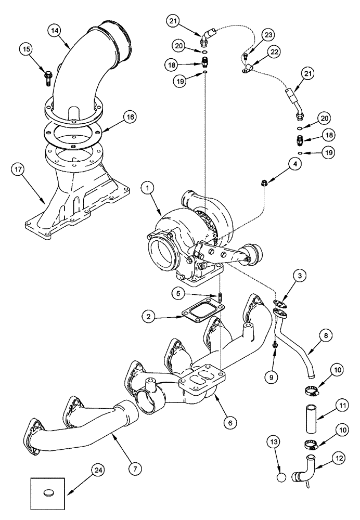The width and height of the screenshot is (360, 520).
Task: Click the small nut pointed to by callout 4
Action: tap(264, 183)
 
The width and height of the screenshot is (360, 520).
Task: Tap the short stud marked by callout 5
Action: tap(221, 298)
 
